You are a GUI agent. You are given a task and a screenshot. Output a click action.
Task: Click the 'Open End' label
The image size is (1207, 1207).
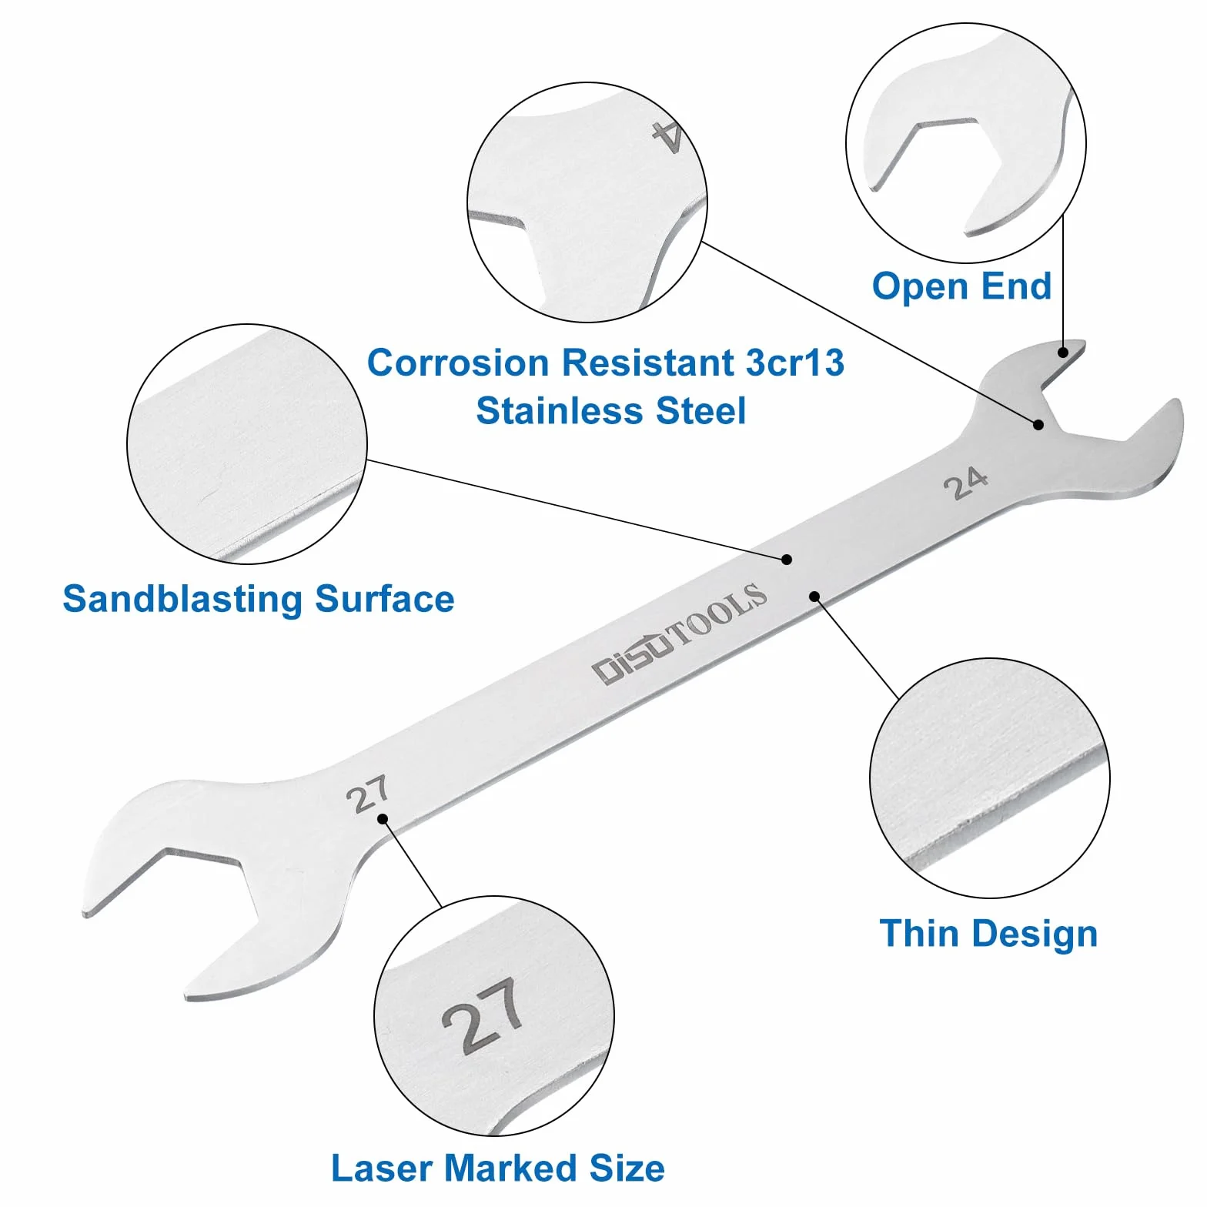coord(961,286)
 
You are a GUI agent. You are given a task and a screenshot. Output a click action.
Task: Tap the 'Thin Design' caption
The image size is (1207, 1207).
coord(988,934)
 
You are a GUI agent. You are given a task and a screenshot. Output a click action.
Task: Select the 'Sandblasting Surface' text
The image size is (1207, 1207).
coord(259,599)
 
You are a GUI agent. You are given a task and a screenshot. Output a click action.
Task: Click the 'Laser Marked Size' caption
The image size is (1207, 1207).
coord(498,1168)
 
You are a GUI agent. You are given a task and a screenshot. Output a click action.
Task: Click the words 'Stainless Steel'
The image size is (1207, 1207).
coord(611,411)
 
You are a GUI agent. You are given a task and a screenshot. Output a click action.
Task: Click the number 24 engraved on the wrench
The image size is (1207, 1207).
coord(966,483)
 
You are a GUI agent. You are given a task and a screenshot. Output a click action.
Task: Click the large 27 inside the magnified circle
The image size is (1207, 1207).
coord(483,1015)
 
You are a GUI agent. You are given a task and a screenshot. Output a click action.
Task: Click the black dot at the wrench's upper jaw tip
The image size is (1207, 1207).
coord(1063,353)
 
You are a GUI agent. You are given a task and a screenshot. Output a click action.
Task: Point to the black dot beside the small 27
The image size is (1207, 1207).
coord(383,819)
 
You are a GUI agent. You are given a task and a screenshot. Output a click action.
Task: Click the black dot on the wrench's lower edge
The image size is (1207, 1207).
coord(814,596)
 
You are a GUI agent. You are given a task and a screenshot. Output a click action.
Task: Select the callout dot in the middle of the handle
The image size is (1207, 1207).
coord(787,560)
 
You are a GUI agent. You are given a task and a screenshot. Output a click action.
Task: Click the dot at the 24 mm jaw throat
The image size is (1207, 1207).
coord(1038,424)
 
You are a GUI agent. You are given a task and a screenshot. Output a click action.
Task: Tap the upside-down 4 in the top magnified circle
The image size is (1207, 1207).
coord(667,137)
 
